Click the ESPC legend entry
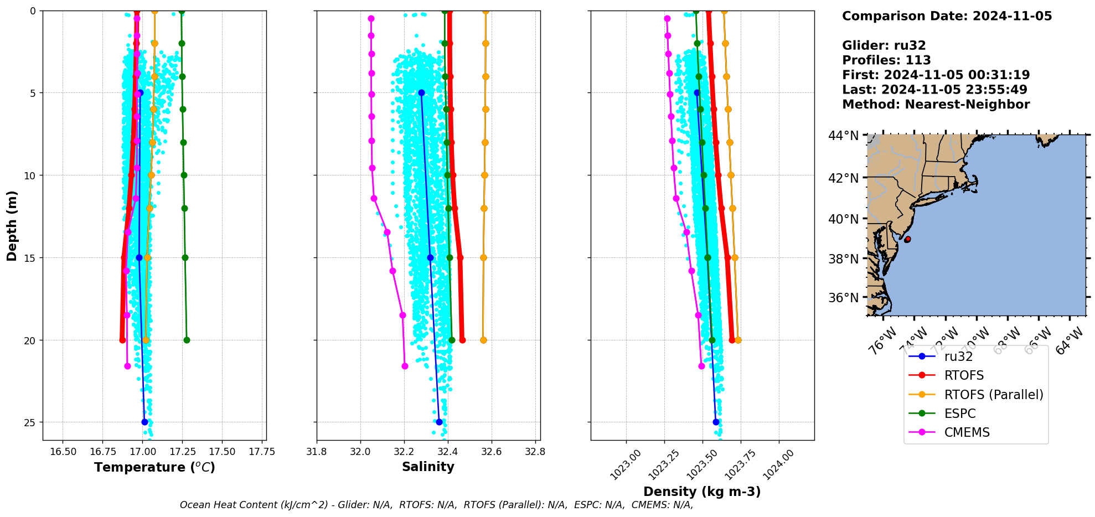click(959, 413)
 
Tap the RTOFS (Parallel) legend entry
click(993, 395)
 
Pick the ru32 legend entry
click(958, 356)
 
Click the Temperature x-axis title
click(154, 467)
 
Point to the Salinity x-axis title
click(428, 467)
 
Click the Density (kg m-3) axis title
click(702, 492)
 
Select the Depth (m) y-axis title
click(12, 225)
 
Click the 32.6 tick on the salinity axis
click(491, 452)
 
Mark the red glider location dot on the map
click(907, 239)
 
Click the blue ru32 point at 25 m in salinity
click(439, 422)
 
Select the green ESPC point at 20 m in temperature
click(187, 340)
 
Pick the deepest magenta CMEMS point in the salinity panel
click(405, 366)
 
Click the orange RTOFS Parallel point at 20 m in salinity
click(483, 340)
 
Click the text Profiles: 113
click(886, 60)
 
